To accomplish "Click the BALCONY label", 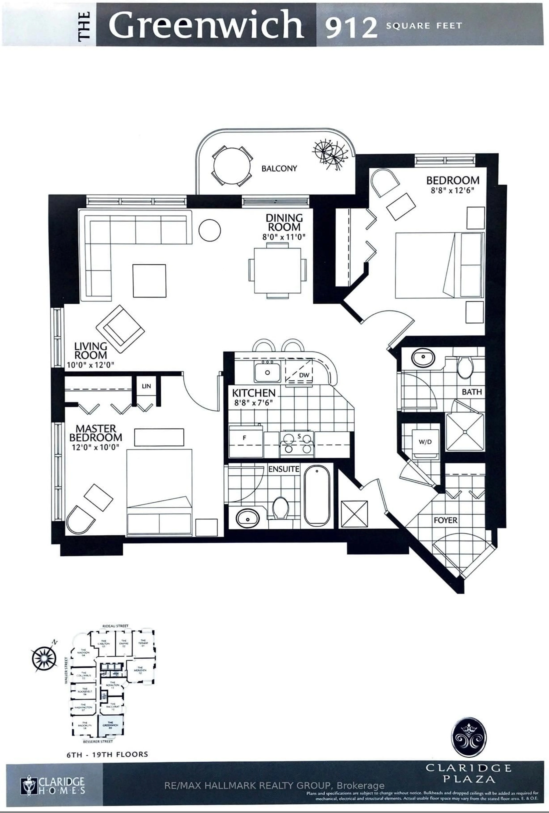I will pyautogui.click(x=279, y=168).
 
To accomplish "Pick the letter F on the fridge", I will pyautogui.click(x=245, y=438).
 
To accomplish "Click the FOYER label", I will pyautogui.click(x=445, y=520).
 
